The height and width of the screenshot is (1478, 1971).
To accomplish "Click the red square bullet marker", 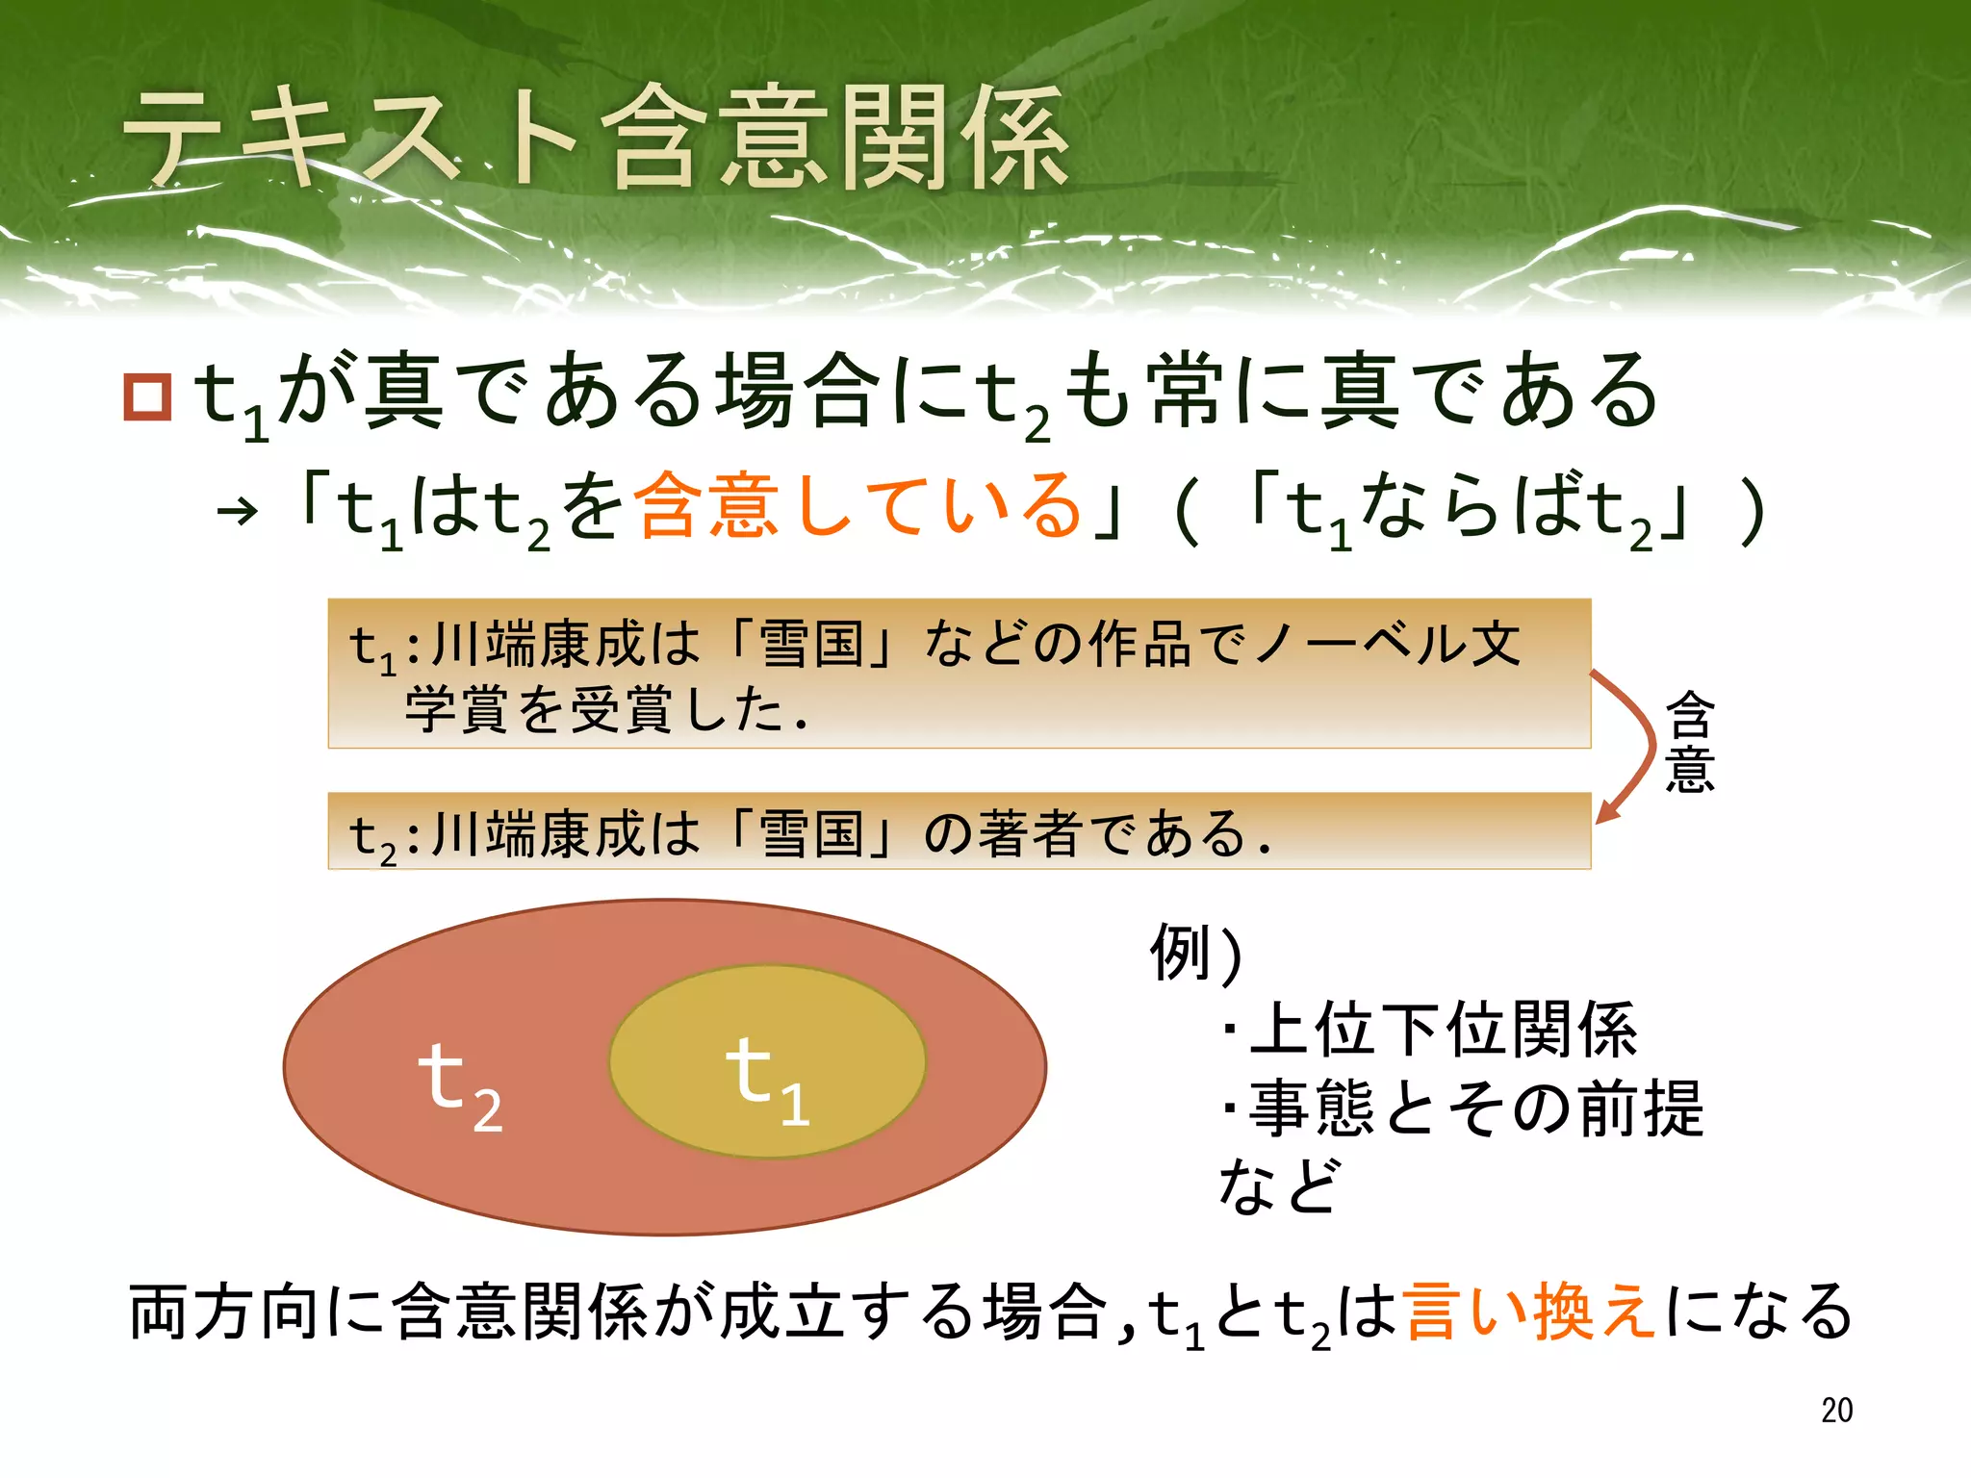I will (x=147, y=395).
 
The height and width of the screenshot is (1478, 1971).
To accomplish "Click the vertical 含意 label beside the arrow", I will (x=1690, y=742).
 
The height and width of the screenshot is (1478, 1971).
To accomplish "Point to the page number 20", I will (x=1836, y=1410).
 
